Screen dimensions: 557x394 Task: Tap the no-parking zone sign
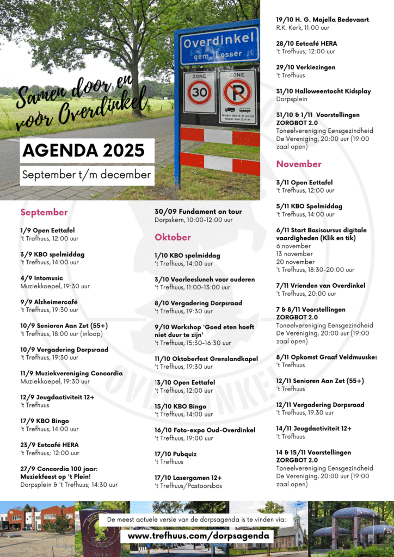(237, 92)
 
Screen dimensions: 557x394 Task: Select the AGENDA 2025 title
(83, 150)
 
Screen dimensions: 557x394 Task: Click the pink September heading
(44, 212)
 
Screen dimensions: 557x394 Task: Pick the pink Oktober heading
(173, 237)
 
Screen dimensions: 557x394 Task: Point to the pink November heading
(299, 164)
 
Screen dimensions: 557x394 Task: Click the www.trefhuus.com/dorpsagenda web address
(198, 536)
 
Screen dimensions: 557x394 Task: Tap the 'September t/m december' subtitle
(87, 175)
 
